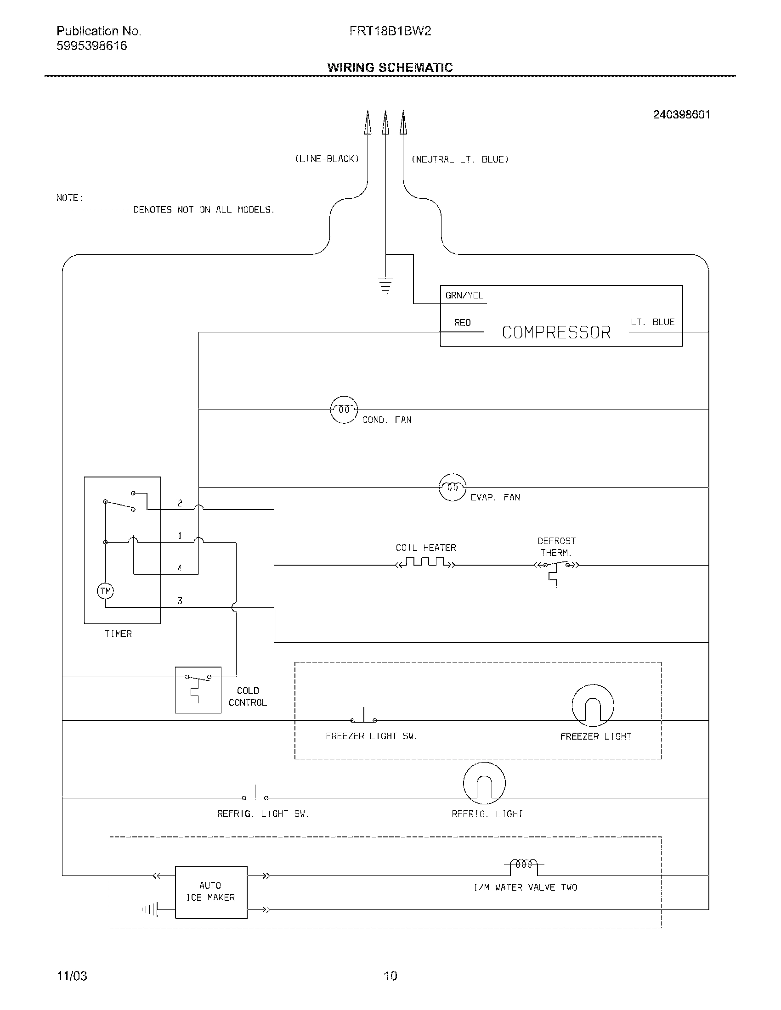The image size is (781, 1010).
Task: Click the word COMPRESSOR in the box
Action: coord(556,332)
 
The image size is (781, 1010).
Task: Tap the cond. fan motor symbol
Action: coord(344,410)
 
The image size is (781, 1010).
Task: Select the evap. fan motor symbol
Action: coord(452,488)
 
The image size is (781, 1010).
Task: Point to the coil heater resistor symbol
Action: coord(426,563)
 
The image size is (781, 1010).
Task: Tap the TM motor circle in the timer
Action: coord(106,591)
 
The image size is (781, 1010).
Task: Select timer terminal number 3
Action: coord(180,601)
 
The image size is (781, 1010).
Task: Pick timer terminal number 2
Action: coord(180,503)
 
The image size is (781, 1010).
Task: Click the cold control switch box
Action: coord(198,690)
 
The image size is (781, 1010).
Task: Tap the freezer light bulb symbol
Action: coord(593,706)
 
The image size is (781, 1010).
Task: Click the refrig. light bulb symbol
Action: coord(484,783)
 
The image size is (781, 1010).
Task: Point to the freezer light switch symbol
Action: coord(364,717)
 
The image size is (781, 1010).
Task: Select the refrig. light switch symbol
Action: coord(255,795)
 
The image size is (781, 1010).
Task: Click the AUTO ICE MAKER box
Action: coord(211,892)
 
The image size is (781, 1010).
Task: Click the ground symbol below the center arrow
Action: coord(385,286)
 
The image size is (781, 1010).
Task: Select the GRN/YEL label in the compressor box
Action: coord(464,296)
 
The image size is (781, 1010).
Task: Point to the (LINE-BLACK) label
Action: coord(327,159)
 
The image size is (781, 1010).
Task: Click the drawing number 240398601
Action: coord(681,115)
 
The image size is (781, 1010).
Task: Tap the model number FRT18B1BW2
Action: coord(390,31)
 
